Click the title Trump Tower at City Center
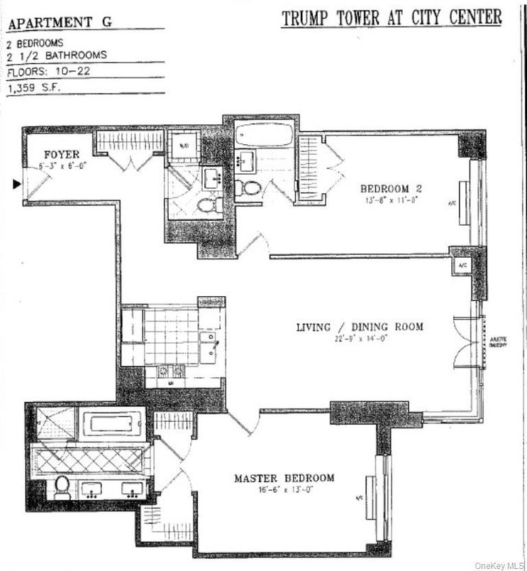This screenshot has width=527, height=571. coord(392,17)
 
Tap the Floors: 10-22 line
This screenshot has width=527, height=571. coord(49,72)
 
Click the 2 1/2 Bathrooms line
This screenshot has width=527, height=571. coord(57,55)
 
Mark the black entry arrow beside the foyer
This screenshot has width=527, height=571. coord(16,185)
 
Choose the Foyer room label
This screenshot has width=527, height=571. coord(62,154)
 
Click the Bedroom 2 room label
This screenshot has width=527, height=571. coord(392,188)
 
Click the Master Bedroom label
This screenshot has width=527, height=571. coord(284,478)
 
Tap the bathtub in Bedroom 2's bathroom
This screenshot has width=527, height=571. coord(262,134)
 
